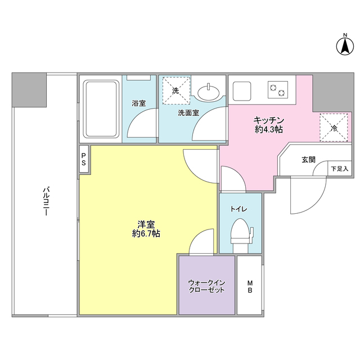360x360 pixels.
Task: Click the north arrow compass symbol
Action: [x=344, y=45]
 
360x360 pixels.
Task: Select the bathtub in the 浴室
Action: [x=101, y=108]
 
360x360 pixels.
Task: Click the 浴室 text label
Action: [x=139, y=103]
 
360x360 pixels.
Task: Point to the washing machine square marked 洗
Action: [x=175, y=90]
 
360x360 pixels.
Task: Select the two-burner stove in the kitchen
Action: [x=276, y=88]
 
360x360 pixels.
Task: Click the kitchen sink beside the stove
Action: [x=242, y=89]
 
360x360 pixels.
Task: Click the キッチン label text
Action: [x=268, y=120]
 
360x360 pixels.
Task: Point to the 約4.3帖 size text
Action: [x=268, y=129]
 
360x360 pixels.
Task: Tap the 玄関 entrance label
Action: [x=308, y=160]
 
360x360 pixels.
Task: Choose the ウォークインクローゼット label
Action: [x=206, y=286]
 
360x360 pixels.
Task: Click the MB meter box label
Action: [x=250, y=286]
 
